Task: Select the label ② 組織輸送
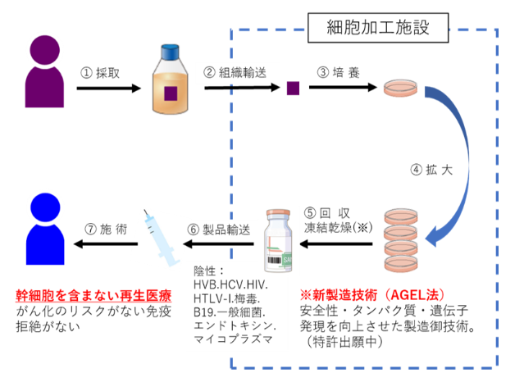point(235,71)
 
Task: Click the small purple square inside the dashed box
point(293,89)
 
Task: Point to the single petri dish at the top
point(402,89)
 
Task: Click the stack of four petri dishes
point(402,242)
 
